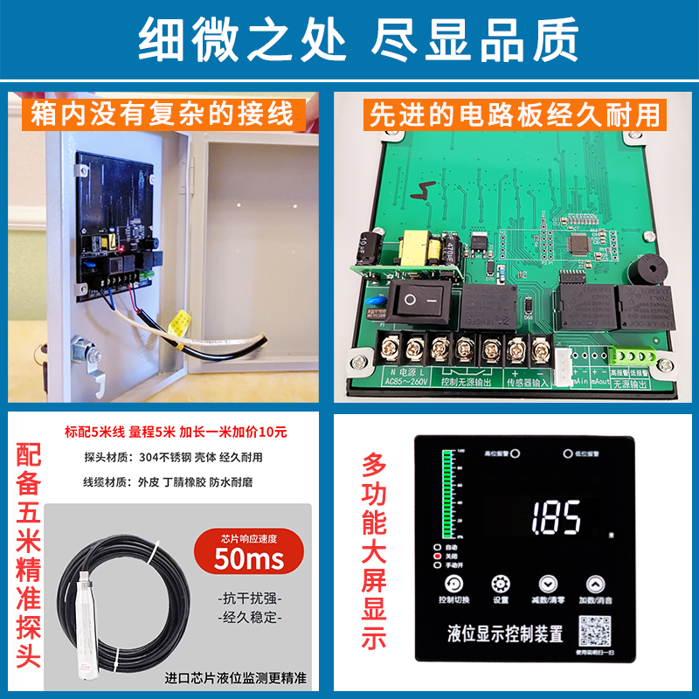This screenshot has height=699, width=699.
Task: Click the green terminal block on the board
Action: (x=632, y=356)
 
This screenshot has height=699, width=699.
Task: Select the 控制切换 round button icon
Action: (x=453, y=585)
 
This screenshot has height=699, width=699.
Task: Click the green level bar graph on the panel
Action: (x=450, y=495)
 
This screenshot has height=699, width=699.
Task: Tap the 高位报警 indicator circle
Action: (x=516, y=454)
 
